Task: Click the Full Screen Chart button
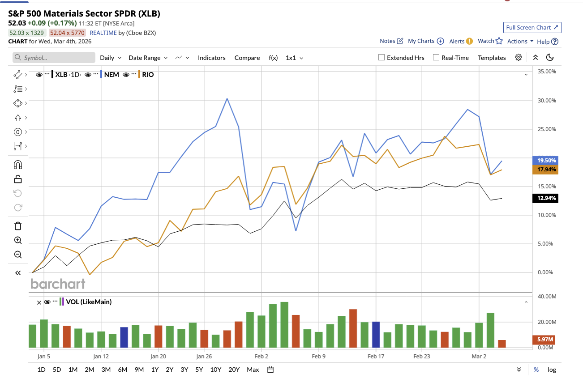point(532,27)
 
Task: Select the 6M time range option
point(122,370)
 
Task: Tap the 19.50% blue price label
point(544,160)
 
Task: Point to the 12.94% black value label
point(544,198)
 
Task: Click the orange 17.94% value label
point(544,170)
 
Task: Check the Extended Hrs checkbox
point(382,58)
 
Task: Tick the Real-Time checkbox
point(436,58)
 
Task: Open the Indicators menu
point(211,58)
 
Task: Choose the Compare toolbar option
point(247,58)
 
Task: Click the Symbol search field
point(54,58)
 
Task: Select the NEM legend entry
point(111,75)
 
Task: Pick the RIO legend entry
point(148,75)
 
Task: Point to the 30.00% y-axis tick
point(546,100)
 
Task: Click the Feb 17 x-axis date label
point(376,357)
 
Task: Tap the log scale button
point(552,370)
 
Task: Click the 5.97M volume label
point(544,340)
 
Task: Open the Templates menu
point(492,58)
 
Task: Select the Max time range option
point(253,370)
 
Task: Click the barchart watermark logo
point(58,284)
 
